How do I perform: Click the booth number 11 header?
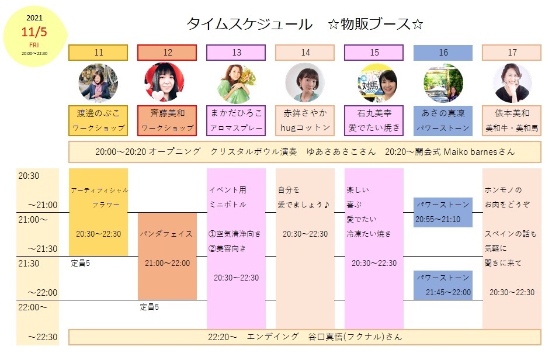[x=98, y=53]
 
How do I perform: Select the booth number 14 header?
[x=305, y=53]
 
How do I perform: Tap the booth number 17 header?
[x=512, y=53]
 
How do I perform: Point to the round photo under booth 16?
[x=443, y=83]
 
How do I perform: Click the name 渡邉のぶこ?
[x=98, y=112]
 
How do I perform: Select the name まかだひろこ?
[x=236, y=112]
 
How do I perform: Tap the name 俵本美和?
[x=512, y=112]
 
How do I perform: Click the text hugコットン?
[x=305, y=127]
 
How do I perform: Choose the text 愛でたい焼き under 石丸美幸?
[x=374, y=127]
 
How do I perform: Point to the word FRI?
[x=34, y=45]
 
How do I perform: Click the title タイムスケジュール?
[x=249, y=25]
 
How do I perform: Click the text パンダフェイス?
[x=166, y=234]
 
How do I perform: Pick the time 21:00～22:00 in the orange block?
[x=167, y=263]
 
